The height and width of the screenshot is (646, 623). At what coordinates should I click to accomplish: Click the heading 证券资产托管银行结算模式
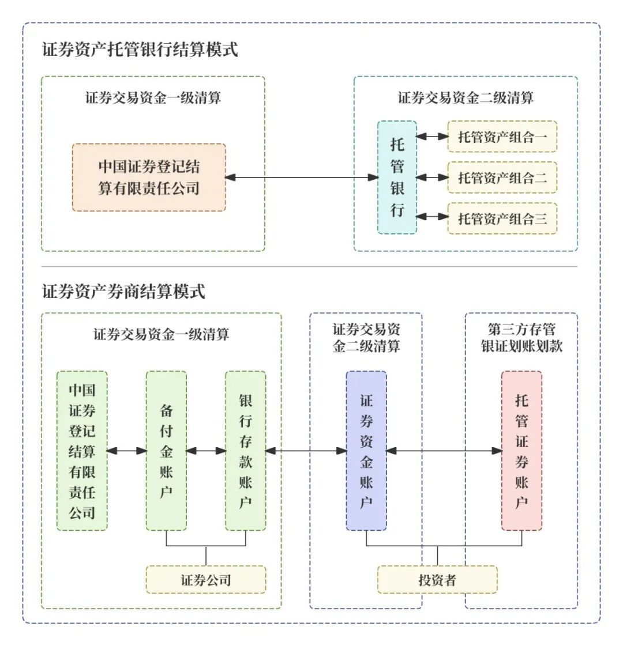140,50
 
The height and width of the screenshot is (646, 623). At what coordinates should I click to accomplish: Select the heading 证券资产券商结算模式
123,292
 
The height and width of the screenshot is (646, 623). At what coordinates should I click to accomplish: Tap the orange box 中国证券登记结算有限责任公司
149,177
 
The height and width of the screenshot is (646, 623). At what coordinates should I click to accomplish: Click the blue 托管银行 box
397,177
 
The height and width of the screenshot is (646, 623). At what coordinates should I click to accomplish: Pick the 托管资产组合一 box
502,137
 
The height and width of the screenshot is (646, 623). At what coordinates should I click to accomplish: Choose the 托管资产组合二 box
502,177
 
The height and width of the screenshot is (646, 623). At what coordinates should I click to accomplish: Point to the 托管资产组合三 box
502,218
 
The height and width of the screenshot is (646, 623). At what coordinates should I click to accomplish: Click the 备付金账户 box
166,451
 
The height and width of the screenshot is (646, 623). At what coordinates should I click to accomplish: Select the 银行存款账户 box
246,451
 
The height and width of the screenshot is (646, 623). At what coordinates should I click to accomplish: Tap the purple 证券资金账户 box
366,451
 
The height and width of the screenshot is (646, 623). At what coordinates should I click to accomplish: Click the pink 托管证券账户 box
521,451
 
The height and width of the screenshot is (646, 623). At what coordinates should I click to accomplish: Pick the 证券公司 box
206,580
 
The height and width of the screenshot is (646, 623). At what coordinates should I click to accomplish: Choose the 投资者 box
437,580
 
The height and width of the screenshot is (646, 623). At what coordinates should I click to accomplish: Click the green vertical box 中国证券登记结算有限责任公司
82,451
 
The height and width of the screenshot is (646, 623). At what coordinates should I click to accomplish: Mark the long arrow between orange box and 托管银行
301,177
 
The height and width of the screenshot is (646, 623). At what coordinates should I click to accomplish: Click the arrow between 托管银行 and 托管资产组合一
432,137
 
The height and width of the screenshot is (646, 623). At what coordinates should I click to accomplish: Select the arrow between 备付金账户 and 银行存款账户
206,451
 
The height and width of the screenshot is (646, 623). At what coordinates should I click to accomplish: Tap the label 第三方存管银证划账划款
521,338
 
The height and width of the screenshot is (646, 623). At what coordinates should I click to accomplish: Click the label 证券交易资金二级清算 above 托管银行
466,98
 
